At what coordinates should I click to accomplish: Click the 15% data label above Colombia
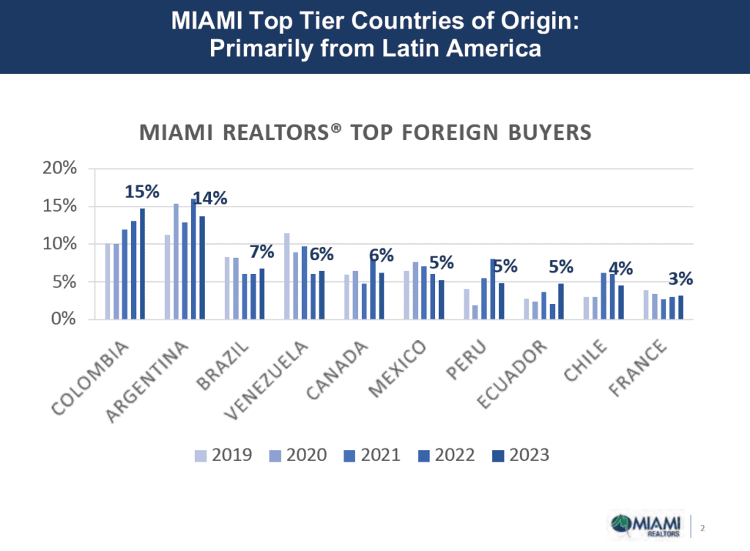141,192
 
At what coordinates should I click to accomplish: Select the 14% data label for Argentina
209,198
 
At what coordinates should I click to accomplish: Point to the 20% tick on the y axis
59,168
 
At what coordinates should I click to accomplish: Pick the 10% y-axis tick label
59,244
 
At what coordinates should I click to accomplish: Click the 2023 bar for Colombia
142,264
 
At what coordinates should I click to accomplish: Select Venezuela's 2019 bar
286,276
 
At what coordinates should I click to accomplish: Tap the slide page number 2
702,528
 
